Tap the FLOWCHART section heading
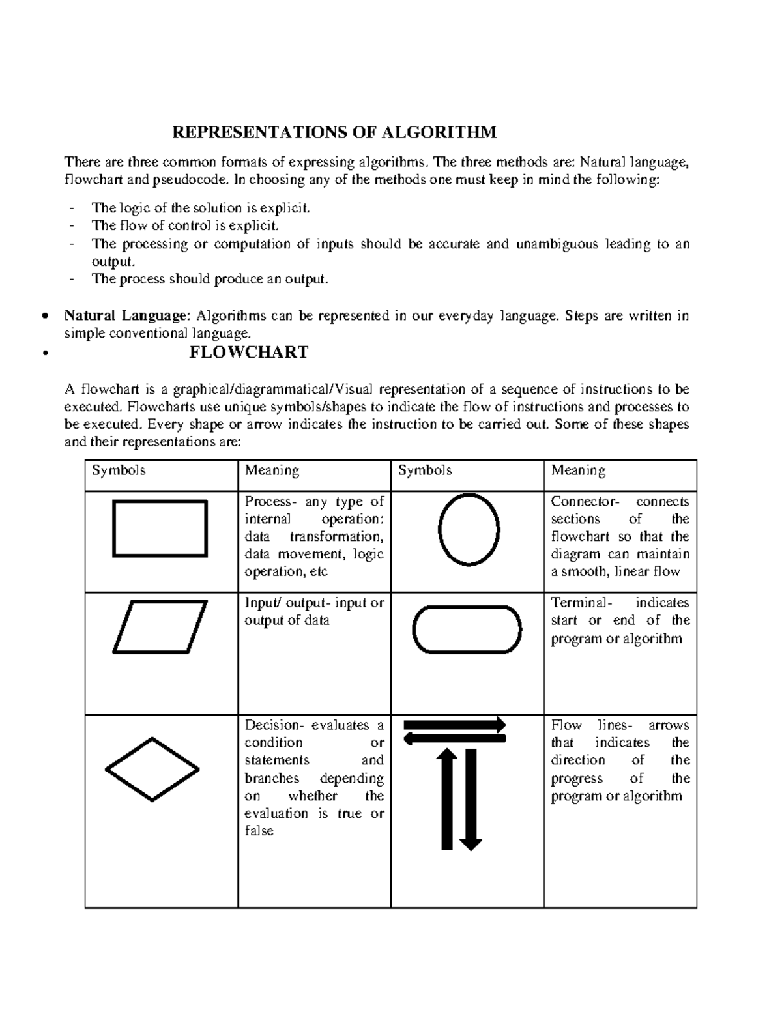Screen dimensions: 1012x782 click(248, 353)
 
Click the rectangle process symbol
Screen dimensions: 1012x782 click(160, 528)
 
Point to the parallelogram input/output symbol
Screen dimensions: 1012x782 click(160, 627)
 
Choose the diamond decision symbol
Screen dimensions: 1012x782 click(152, 770)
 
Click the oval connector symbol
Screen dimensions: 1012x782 click(469, 528)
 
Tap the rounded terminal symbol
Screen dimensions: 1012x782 click(467, 629)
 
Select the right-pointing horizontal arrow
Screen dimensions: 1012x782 click(455, 724)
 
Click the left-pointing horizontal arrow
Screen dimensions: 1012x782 click(455, 738)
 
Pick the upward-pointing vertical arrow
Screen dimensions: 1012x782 click(446, 799)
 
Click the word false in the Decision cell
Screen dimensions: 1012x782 click(259, 831)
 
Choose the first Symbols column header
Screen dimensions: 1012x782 click(119, 470)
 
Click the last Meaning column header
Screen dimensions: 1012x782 click(578, 470)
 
